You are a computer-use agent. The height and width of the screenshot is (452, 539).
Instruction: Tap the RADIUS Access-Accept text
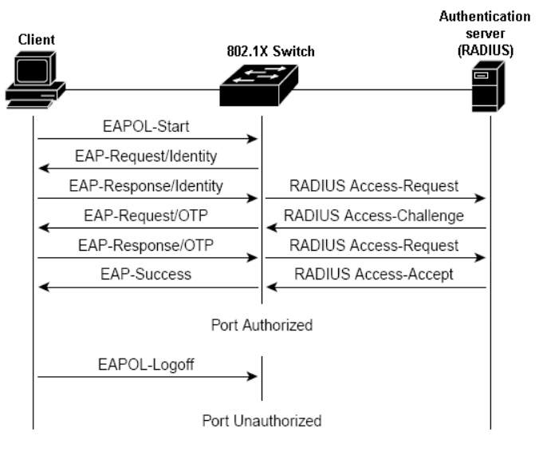(375, 274)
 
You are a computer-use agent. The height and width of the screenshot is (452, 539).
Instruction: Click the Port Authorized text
(262, 326)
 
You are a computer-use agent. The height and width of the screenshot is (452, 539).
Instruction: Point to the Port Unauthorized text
(262, 420)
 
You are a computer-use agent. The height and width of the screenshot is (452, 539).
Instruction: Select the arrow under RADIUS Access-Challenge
(375, 228)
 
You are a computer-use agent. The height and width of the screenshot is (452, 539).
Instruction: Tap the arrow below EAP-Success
(148, 287)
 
